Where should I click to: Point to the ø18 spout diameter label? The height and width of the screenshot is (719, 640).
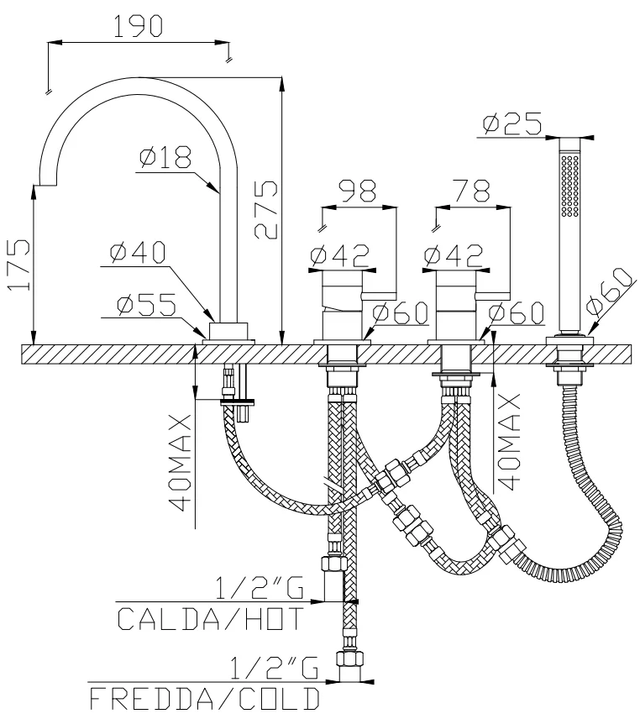point(166,156)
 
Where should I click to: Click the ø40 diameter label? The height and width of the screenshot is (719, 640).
point(138,251)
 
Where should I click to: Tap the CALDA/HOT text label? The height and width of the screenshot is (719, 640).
point(210,619)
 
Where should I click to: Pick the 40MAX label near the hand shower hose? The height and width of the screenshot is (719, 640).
point(509,437)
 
